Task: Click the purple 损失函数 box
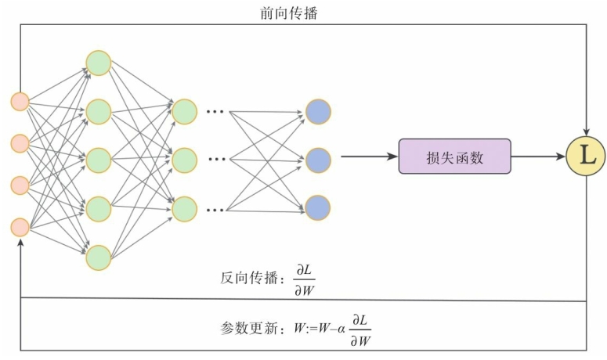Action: pos(454,157)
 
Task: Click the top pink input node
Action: pos(20,102)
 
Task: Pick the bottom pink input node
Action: pos(20,227)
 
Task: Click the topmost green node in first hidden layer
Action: pos(99,63)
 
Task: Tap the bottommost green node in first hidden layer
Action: pos(99,257)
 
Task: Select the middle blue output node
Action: pos(318,160)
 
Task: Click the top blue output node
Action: pos(318,111)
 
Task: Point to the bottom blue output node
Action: pos(318,207)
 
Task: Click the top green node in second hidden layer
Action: pos(185,111)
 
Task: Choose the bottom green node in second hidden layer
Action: pos(185,208)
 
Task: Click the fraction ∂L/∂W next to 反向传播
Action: pos(303,277)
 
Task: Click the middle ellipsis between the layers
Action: pos(215,160)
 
